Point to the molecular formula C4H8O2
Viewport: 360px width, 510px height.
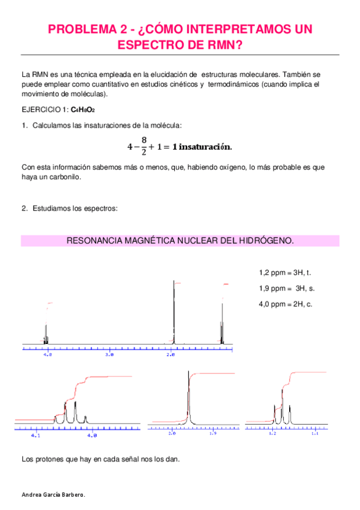click(x=82, y=110)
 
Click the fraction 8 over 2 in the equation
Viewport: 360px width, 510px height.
click(x=144, y=146)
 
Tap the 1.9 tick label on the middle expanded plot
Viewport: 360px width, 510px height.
click(x=212, y=433)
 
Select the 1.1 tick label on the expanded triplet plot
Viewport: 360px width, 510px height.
click(x=314, y=433)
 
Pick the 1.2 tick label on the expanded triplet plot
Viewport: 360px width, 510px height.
click(x=272, y=433)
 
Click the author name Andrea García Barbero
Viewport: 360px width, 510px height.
click(x=53, y=494)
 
